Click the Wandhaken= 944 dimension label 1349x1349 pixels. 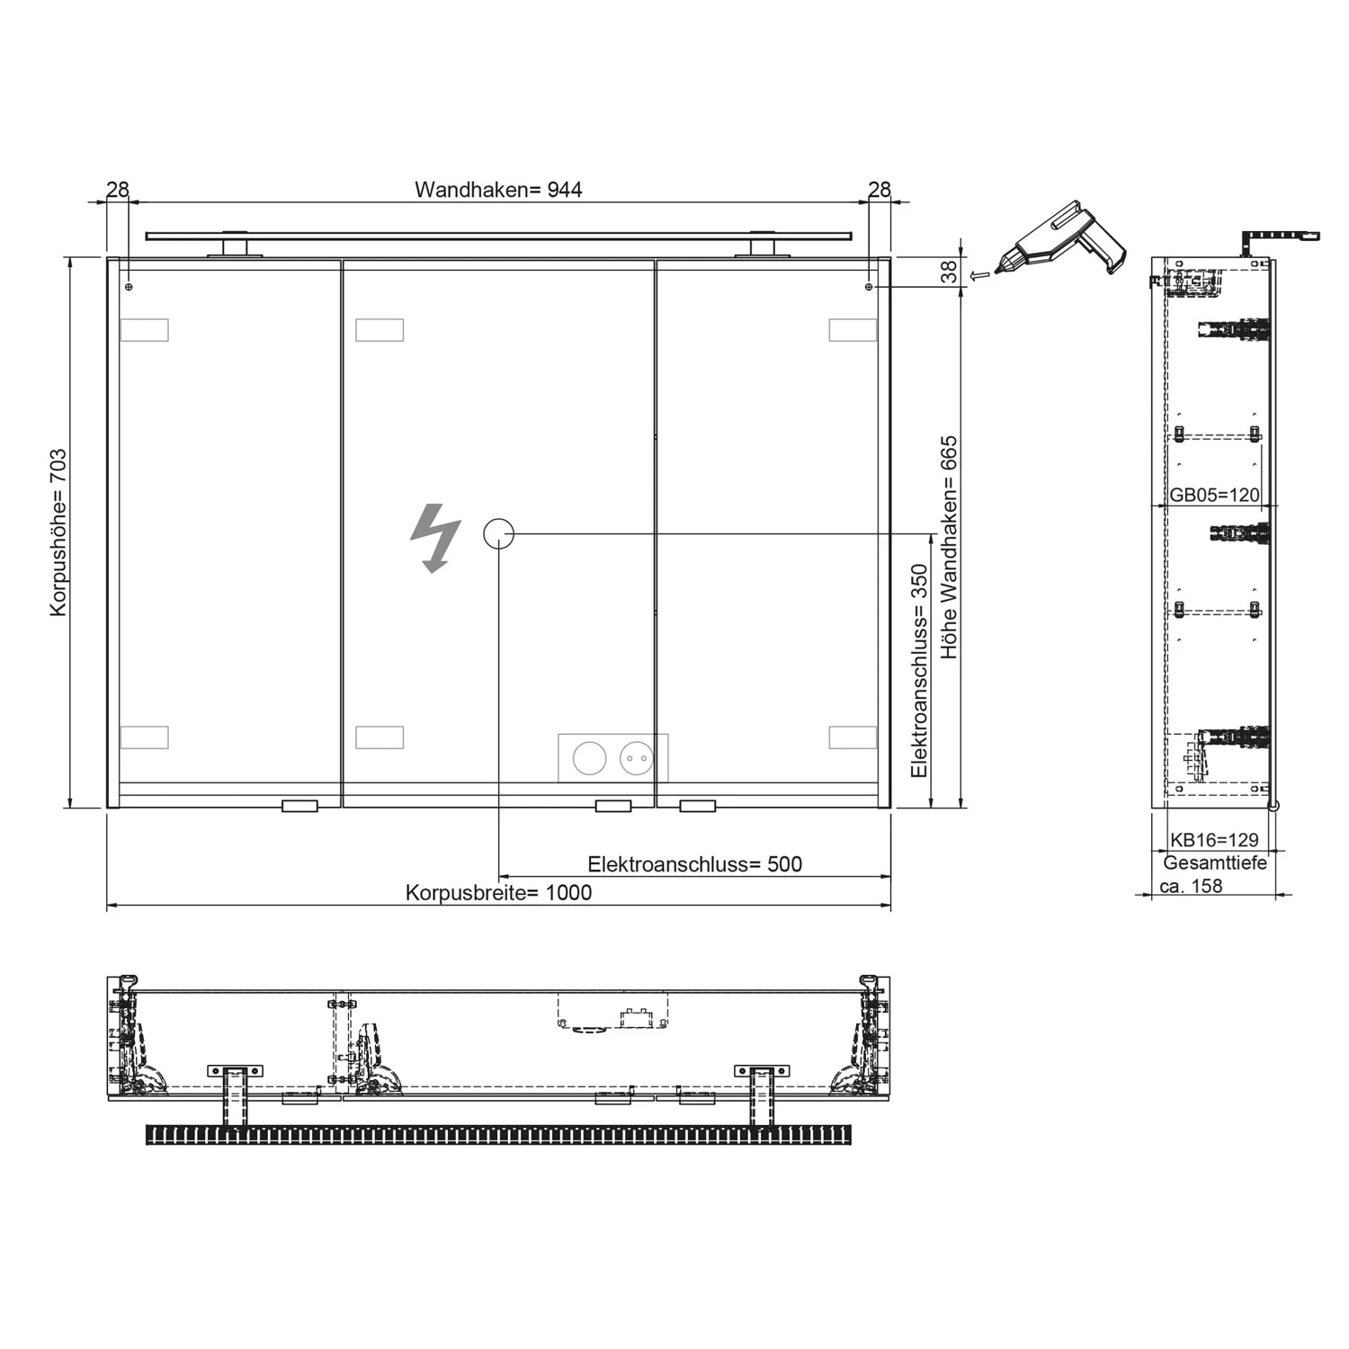pyautogui.click(x=498, y=190)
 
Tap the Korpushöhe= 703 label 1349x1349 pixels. pyautogui.click(x=58, y=532)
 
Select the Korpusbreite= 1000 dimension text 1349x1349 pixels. pyautogui.click(x=498, y=893)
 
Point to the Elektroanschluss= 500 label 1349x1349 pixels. pyautogui.click(x=694, y=864)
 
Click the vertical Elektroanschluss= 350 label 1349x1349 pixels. pyautogui.click(x=918, y=671)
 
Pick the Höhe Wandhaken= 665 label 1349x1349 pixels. pyautogui.click(x=949, y=548)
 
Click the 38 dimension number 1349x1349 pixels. pyautogui.click(x=950, y=272)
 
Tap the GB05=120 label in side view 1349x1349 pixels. pyautogui.click(x=1214, y=496)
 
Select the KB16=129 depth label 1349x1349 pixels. pyautogui.click(x=1214, y=840)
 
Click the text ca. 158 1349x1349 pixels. pyautogui.click(x=1191, y=886)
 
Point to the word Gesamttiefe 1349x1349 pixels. pyautogui.click(x=1215, y=863)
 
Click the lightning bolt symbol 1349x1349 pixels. pyautogui.click(x=436, y=537)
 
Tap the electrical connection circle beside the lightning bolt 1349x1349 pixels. pyautogui.click(x=499, y=533)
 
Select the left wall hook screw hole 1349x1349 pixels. pyautogui.click(x=130, y=287)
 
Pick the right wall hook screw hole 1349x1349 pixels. pyautogui.click(x=868, y=287)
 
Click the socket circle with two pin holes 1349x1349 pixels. pyautogui.click(x=636, y=758)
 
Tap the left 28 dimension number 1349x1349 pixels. pyautogui.click(x=118, y=190)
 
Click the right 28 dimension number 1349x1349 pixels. pyautogui.click(x=880, y=190)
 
